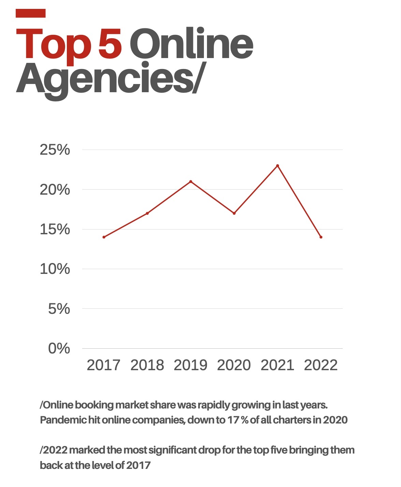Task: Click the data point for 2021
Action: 278,166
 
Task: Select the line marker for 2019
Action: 191,181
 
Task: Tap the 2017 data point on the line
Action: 104,237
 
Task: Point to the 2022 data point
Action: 321,237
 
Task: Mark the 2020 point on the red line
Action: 234,213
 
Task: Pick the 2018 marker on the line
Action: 147,213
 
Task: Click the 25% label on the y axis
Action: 55,150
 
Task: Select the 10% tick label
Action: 55,269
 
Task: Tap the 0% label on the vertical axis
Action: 59,349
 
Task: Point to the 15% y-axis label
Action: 55,229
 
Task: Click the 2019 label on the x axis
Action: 191,365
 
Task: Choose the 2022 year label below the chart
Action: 321,365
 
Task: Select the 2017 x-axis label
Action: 104,365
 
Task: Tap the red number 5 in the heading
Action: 110,44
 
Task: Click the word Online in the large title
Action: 191,44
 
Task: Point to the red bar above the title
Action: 31,13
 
